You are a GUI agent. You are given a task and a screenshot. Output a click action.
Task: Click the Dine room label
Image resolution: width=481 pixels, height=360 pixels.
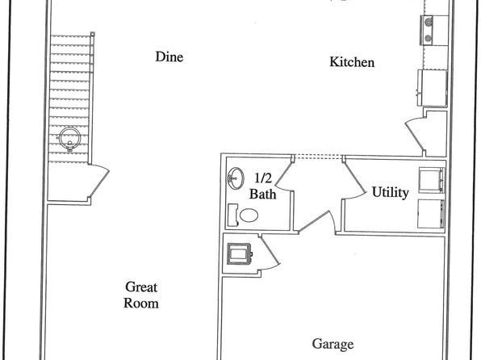click(169, 57)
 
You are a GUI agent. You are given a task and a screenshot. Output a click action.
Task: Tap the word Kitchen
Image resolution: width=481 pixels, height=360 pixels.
click(352, 62)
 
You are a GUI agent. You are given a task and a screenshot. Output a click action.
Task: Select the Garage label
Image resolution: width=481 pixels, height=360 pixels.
click(333, 345)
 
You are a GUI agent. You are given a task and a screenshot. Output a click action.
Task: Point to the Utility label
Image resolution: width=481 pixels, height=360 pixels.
click(390, 192)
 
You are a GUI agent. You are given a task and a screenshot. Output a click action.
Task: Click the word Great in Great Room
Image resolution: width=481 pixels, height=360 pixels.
click(141, 287)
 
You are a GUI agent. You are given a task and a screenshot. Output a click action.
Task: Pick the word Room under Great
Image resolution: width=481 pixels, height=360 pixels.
click(141, 303)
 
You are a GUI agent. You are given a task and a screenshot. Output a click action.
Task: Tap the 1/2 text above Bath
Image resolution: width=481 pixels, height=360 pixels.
click(263, 178)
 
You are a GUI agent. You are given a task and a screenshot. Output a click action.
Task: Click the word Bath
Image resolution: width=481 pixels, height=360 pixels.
click(262, 195)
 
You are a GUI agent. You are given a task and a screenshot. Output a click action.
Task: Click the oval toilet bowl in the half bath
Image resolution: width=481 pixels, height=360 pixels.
click(249, 216)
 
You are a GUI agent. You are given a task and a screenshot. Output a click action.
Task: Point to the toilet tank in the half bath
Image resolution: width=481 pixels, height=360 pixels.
click(233, 216)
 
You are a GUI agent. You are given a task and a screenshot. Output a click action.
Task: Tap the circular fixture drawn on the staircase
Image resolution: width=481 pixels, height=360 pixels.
click(70, 139)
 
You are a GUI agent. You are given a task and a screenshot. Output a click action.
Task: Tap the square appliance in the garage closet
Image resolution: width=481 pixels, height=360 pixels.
click(239, 253)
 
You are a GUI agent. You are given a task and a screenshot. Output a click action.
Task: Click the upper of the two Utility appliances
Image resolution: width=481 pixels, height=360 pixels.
click(432, 180)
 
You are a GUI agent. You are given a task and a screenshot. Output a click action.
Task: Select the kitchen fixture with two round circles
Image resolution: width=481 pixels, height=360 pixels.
click(428, 30)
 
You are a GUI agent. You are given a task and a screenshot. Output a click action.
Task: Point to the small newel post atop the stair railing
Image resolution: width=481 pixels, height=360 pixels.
click(93, 34)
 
